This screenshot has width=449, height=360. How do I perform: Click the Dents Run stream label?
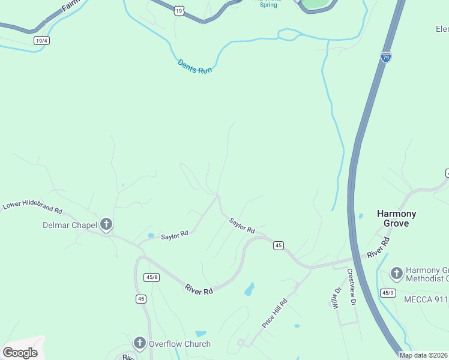click(195, 66)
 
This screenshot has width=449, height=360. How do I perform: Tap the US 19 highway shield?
click(179, 11)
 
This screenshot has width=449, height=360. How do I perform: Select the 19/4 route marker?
click(41, 41)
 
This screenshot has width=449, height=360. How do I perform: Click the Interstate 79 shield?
click(386, 57)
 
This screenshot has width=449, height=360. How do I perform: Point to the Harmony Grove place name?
click(396, 218)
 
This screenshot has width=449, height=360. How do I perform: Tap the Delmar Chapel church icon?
click(106, 225)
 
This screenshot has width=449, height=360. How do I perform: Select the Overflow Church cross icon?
click(140, 344)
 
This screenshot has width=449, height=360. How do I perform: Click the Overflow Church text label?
click(179, 344)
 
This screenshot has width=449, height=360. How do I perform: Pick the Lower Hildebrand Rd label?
click(32, 208)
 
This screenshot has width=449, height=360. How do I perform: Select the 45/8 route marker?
click(152, 277)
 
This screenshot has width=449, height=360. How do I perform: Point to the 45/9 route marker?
click(388, 293)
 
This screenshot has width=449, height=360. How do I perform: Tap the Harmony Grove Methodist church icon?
click(396, 274)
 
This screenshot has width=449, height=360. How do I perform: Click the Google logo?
click(20, 353)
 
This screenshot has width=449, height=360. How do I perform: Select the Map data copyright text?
click(424, 355)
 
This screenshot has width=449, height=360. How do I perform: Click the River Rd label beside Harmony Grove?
click(378, 248)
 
